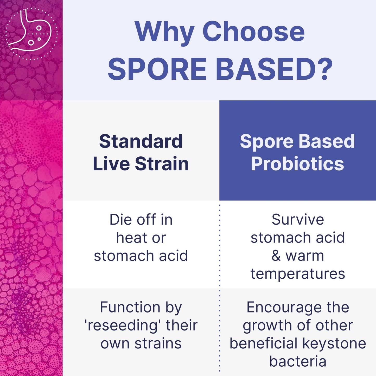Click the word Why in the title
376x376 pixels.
(164, 32)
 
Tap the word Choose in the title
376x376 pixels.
(253, 32)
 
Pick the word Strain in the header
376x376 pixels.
(162, 164)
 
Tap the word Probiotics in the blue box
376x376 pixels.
(297, 164)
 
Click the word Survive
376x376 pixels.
(298, 220)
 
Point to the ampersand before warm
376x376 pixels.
(276, 256)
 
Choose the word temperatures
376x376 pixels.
(298, 274)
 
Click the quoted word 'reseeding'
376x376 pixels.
(123, 326)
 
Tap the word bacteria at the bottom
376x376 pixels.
(298, 362)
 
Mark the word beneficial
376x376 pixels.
(263, 343)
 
